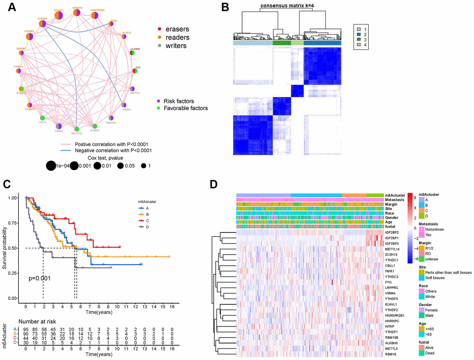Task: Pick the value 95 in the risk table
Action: coord(26,329)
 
